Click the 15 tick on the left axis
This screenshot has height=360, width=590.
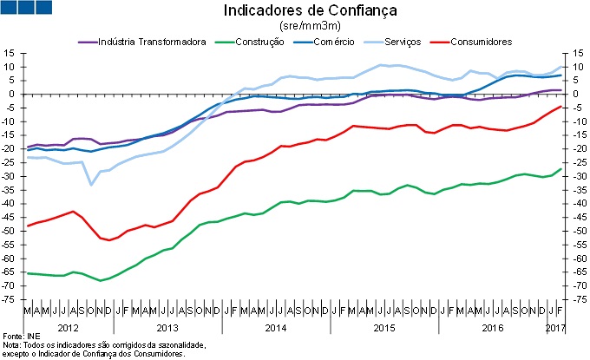click(x=11, y=53)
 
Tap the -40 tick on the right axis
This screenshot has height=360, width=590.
click(x=578, y=204)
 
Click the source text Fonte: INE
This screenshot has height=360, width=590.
click(x=23, y=335)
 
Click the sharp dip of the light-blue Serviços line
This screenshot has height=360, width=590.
click(x=91, y=184)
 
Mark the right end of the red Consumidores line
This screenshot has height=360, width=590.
click(x=560, y=107)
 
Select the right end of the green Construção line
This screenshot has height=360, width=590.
click(x=560, y=169)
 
